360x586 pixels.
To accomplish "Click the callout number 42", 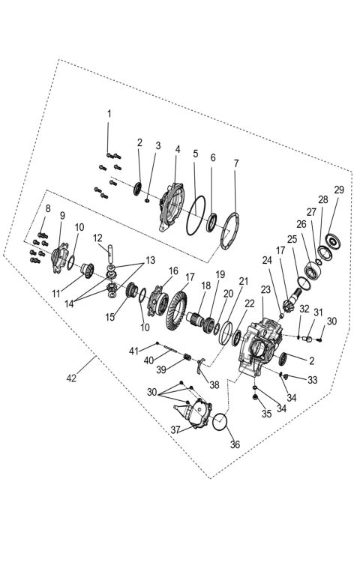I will (71, 378).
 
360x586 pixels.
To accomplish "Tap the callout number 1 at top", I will (109, 113).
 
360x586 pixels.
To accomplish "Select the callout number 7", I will (235, 163).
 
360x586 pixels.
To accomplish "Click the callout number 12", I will (97, 238).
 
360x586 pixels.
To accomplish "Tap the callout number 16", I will (173, 271).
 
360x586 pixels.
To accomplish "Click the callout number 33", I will (312, 380).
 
